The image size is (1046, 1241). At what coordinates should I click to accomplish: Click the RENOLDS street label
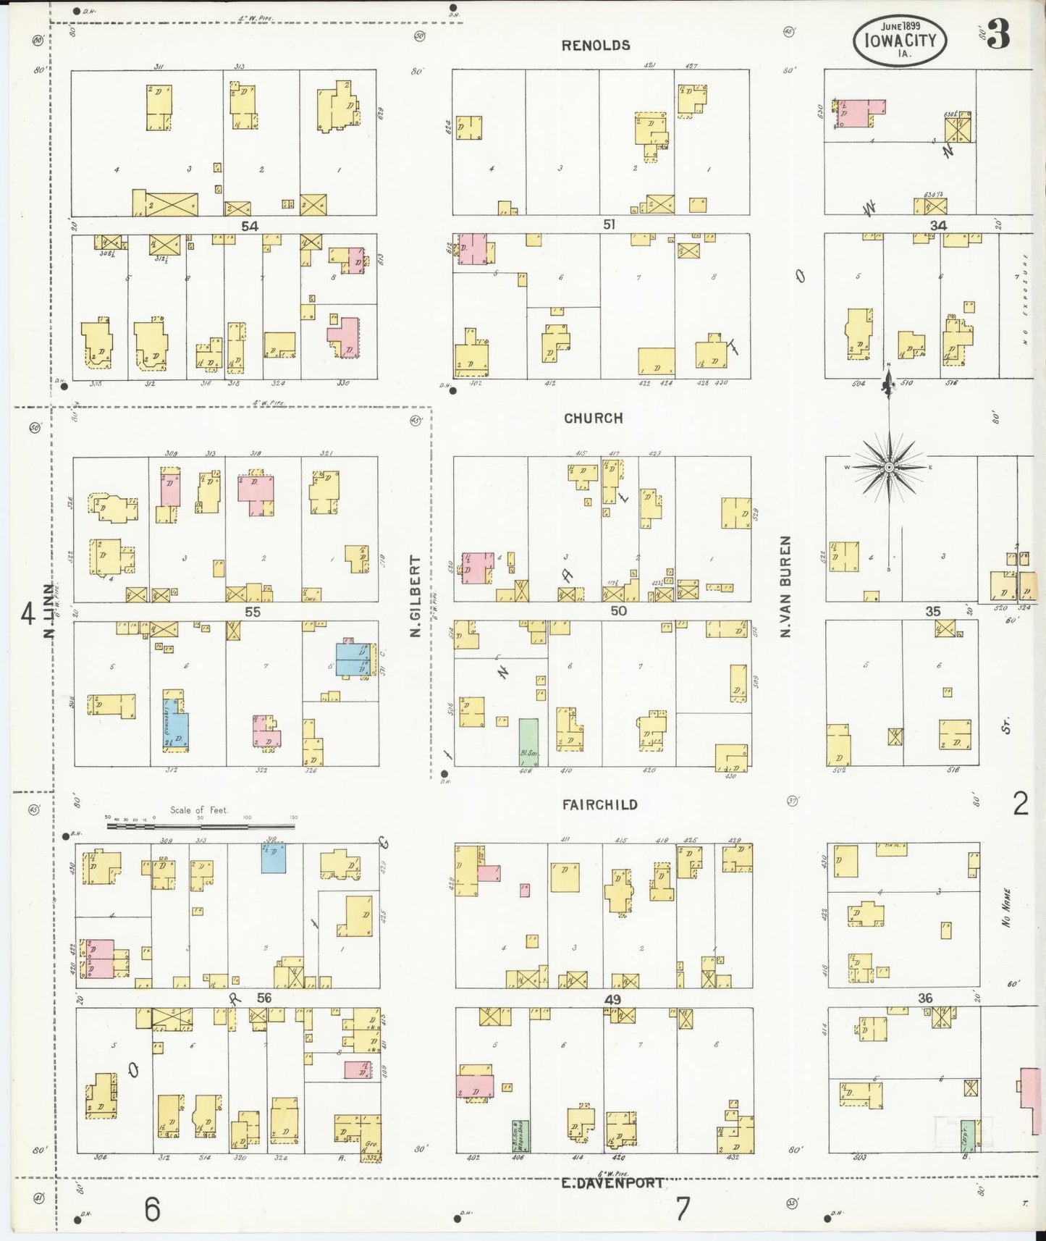point(596,46)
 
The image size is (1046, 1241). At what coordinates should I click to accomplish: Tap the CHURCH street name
point(593,418)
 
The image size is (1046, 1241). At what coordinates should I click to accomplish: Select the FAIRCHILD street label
point(599,804)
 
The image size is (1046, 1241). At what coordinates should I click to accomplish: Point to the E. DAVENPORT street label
point(612,1184)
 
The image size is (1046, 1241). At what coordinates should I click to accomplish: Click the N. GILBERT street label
point(416,597)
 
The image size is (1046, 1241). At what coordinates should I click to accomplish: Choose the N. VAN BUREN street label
point(786,586)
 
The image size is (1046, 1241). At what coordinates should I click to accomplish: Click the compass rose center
point(888,468)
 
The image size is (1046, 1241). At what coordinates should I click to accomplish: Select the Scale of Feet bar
point(201,825)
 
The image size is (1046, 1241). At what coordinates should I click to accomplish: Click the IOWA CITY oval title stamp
point(900,40)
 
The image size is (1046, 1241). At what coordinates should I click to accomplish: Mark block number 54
point(249,227)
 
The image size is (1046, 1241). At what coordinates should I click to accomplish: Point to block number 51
point(609,225)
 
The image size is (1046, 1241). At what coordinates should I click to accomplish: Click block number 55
point(252,612)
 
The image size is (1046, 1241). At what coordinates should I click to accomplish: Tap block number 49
point(612,1000)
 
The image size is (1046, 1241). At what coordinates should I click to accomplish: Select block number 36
point(925,998)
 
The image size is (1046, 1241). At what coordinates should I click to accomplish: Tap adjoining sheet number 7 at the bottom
point(682,1209)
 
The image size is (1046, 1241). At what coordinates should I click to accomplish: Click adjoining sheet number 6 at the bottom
point(151,1209)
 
